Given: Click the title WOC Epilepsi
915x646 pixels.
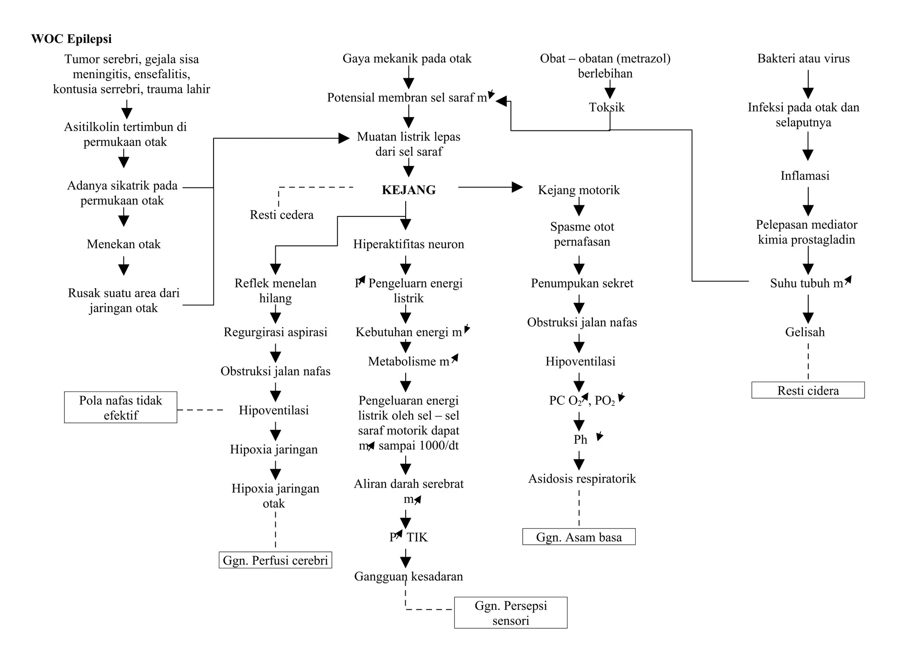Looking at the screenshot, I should (x=71, y=39).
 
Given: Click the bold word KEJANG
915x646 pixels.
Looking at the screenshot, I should (x=408, y=190).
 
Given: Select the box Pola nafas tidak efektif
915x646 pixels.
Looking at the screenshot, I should (x=121, y=407).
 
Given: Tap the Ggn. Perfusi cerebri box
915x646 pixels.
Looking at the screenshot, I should (x=275, y=560).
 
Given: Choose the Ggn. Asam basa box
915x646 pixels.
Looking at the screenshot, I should (x=579, y=537).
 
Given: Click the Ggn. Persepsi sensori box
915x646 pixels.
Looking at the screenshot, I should (x=511, y=613).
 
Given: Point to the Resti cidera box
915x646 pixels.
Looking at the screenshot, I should (x=808, y=391).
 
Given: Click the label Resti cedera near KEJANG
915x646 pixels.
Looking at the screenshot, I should (x=281, y=215).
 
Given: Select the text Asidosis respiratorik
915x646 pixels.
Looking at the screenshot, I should (x=582, y=479).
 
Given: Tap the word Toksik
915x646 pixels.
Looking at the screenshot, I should (x=606, y=107).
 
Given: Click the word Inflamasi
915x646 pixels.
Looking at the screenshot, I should (x=805, y=176).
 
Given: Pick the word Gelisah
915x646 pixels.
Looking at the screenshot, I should (x=805, y=332).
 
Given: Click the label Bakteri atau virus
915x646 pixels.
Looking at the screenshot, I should (x=803, y=58).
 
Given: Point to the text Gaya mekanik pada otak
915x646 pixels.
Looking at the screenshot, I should (x=407, y=58).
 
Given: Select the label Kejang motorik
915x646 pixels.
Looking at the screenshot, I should (x=579, y=190).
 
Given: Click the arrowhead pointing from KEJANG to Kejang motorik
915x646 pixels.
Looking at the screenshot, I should (x=517, y=187).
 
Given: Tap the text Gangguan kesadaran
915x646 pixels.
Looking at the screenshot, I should (x=408, y=576).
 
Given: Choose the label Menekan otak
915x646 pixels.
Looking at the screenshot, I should (x=123, y=244).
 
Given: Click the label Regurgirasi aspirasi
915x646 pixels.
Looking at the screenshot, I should (x=275, y=332).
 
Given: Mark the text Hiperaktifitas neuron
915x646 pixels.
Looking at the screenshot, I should (x=408, y=244).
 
